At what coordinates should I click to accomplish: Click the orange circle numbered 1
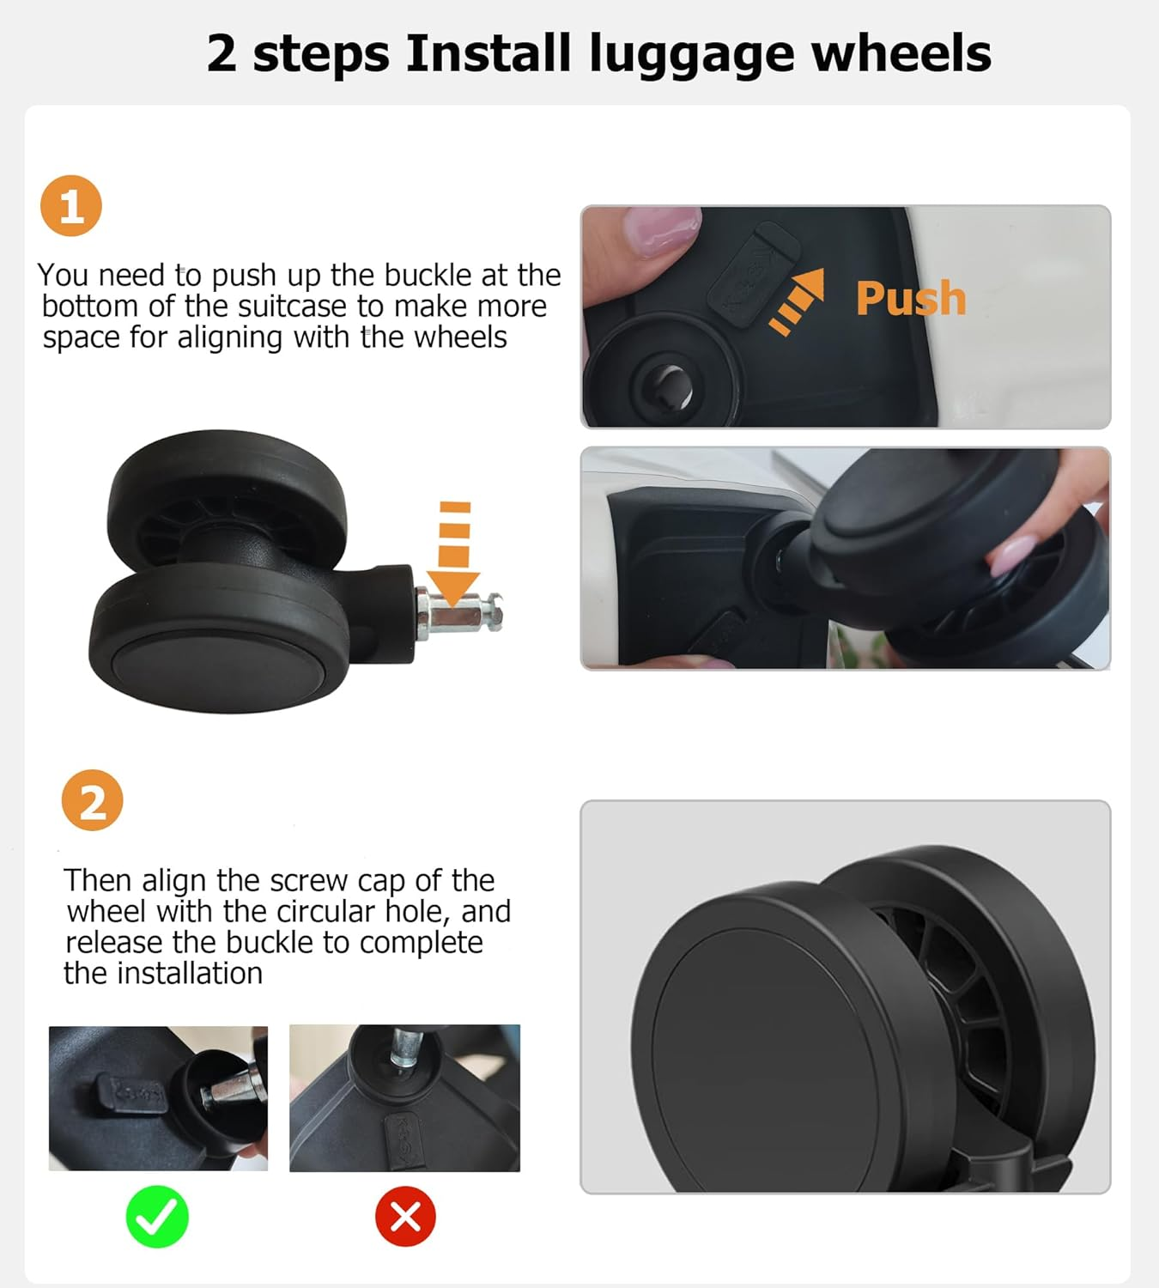(71, 206)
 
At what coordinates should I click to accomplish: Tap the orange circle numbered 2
(93, 800)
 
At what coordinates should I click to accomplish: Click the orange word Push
(911, 299)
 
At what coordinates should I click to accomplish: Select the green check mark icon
(157, 1216)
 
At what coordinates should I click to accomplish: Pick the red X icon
(405, 1216)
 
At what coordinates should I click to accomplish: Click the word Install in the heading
(488, 53)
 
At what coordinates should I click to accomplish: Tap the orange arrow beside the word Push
(798, 301)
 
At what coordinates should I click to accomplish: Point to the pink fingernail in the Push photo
(661, 231)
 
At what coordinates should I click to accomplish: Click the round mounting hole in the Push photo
(669, 386)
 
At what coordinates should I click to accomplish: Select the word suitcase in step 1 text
(293, 307)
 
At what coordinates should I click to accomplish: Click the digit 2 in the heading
(222, 54)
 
